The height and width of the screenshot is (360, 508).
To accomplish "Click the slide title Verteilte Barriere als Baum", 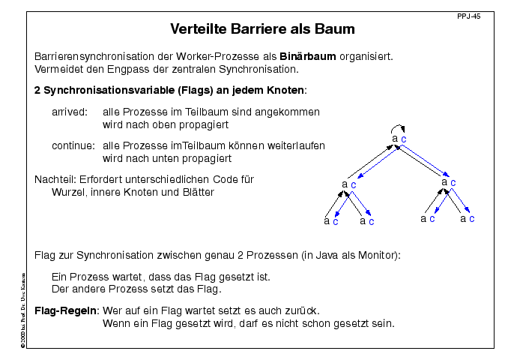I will [262, 30].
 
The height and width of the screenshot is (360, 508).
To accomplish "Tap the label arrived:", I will [70, 112].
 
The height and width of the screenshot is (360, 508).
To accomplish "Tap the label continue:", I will [73, 145].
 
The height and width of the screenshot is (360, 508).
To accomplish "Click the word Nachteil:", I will [55, 179].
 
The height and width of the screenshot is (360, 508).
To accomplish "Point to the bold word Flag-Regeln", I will [67, 310].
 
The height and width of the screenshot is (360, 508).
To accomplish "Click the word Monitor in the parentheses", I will [378, 255].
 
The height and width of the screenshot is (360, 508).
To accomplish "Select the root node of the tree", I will [399, 139].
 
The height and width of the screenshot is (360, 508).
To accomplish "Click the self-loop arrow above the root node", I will [399, 127].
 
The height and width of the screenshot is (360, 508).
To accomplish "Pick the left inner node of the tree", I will [348, 183].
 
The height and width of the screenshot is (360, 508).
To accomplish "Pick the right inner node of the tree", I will [449, 181].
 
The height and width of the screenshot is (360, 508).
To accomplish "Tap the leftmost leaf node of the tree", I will [330, 221].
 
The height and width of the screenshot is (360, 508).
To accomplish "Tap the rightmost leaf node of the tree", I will [467, 219].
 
